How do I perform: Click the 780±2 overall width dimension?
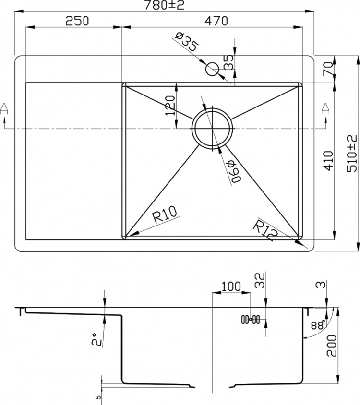(x=164, y=5)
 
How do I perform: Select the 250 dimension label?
(x=77, y=21)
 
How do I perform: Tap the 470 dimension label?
(x=216, y=21)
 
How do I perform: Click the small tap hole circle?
(x=212, y=69)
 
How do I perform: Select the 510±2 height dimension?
(x=352, y=154)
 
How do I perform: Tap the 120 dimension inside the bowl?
(x=170, y=106)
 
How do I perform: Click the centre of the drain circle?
(x=212, y=129)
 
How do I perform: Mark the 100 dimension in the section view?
(x=231, y=286)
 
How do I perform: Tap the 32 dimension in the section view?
(x=260, y=281)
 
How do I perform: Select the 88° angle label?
(x=318, y=325)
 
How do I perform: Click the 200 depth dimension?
(x=332, y=345)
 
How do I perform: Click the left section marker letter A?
(x=4, y=108)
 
